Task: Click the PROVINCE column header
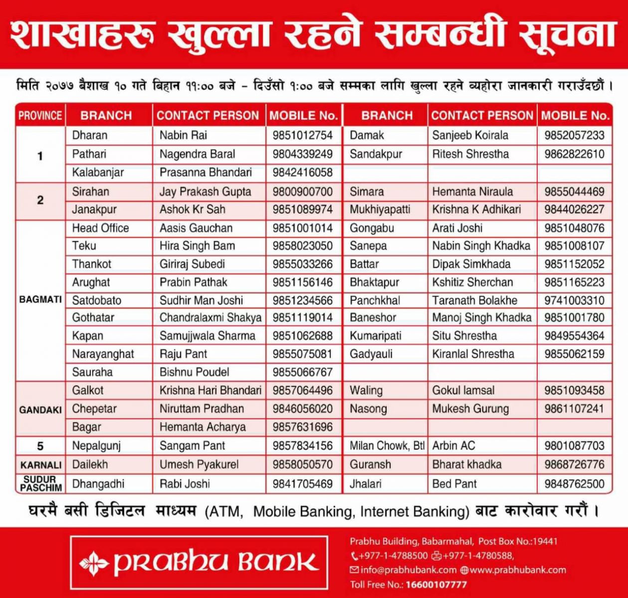(40, 116)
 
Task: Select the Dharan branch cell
(90, 135)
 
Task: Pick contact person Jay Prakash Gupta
(205, 191)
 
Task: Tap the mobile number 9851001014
(302, 228)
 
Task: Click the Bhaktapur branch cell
(374, 282)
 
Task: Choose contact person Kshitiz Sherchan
(472, 282)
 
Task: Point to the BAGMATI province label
(40, 299)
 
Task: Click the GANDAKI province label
(40, 410)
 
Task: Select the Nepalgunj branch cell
(96, 446)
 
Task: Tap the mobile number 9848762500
(574, 483)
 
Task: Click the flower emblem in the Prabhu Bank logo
(94, 562)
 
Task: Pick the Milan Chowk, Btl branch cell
(387, 446)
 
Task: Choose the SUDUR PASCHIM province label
(40, 483)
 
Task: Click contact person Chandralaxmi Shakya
(210, 317)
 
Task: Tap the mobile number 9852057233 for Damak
(574, 135)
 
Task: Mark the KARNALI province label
(40, 465)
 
